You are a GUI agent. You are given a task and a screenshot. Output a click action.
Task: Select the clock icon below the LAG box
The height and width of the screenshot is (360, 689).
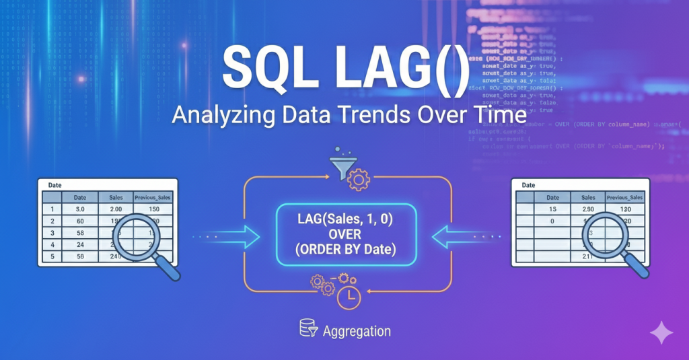pos(349,297)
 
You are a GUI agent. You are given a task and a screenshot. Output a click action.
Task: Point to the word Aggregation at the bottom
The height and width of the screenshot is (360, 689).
pos(356,331)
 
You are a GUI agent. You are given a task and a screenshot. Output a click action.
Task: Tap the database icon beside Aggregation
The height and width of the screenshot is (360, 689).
pos(308,328)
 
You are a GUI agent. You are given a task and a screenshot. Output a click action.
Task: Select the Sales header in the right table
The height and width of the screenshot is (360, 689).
pos(587,198)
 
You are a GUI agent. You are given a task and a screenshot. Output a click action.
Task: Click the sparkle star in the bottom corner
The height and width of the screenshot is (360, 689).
pos(660,332)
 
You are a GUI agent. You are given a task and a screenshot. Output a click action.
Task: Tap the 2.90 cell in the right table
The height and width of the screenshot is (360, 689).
pos(587,210)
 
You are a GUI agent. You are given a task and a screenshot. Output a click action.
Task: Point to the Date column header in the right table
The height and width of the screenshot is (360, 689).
pos(552,198)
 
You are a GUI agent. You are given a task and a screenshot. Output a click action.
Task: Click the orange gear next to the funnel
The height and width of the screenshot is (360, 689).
pos(359,180)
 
